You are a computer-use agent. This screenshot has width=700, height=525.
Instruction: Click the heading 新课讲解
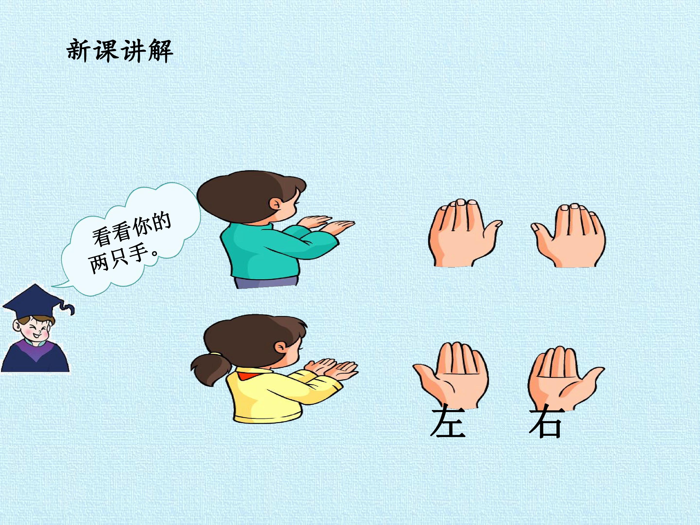[x=120, y=51]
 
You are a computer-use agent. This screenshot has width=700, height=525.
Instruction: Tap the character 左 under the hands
[x=448, y=423]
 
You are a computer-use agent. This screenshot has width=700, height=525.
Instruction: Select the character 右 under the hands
[x=547, y=423]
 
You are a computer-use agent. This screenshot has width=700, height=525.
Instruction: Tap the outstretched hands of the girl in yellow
[x=332, y=369]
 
